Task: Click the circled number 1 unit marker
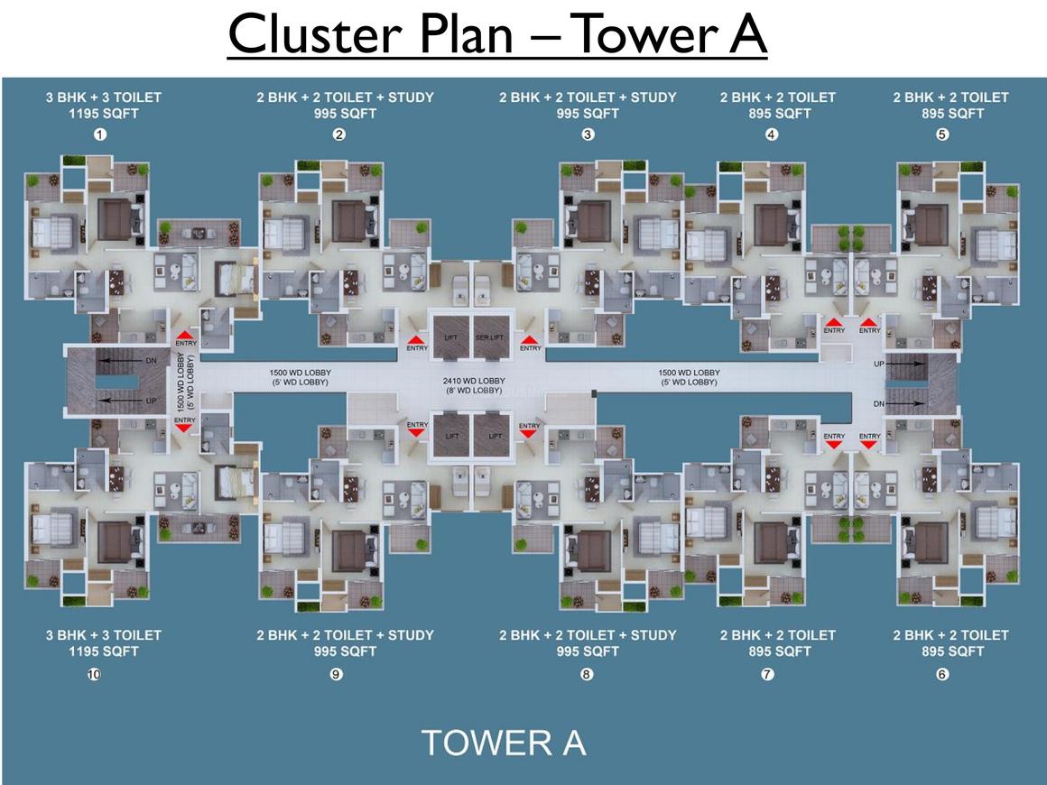[x=100, y=134]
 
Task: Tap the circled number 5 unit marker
[x=942, y=134]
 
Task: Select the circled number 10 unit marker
[x=93, y=674]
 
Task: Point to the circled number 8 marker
[x=587, y=674]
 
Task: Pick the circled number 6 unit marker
[x=942, y=674]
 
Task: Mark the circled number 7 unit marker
[x=768, y=674]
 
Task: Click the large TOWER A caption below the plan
[x=504, y=743]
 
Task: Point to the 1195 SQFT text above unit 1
[x=104, y=114]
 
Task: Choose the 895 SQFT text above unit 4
[x=778, y=114]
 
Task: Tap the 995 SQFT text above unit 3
[x=588, y=114]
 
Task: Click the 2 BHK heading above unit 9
[x=345, y=634]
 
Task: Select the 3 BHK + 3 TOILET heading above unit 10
[x=104, y=634]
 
